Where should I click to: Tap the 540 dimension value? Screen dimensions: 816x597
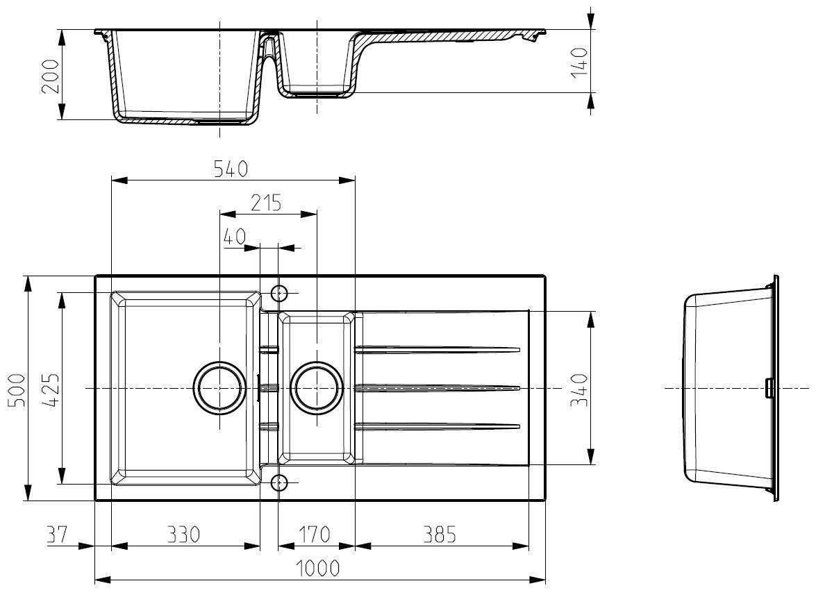click(x=231, y=169)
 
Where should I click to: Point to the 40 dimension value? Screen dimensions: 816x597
click(x=234, y=237)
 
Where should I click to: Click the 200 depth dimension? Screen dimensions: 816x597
click(x=51, y=76)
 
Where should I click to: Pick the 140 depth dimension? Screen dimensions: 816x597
click(x=578, y=62)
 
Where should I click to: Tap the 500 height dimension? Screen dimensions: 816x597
click(x=17, y=390)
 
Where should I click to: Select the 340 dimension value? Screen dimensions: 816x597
click(x=578, y=390)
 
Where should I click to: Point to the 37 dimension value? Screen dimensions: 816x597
click(x=57, y=534)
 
